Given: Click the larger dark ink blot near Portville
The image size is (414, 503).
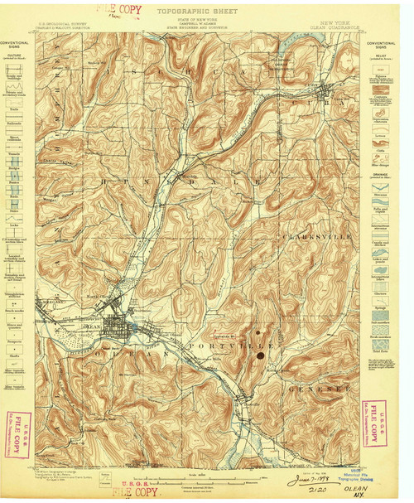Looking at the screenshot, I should [261, 356].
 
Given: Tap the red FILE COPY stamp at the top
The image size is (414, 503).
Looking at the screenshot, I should [109, 10].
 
